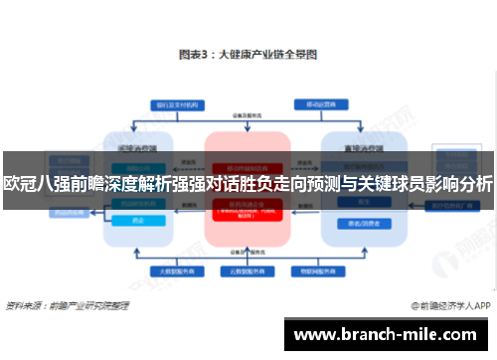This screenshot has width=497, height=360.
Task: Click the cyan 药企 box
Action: click(x=138, y=222)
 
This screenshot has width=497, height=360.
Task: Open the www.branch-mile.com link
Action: click(x=387, y=333)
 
